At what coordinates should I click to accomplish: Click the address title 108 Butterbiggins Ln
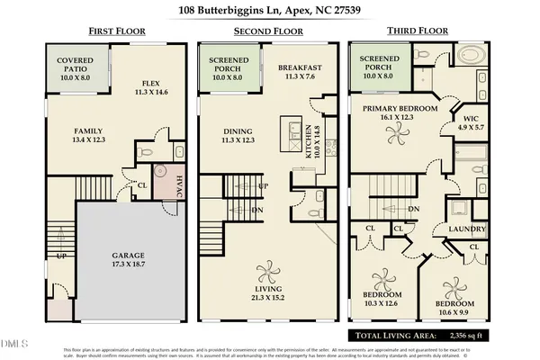(270, 12)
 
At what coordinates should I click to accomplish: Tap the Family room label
(88, 134)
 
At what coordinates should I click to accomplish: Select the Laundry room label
(468, 229)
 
